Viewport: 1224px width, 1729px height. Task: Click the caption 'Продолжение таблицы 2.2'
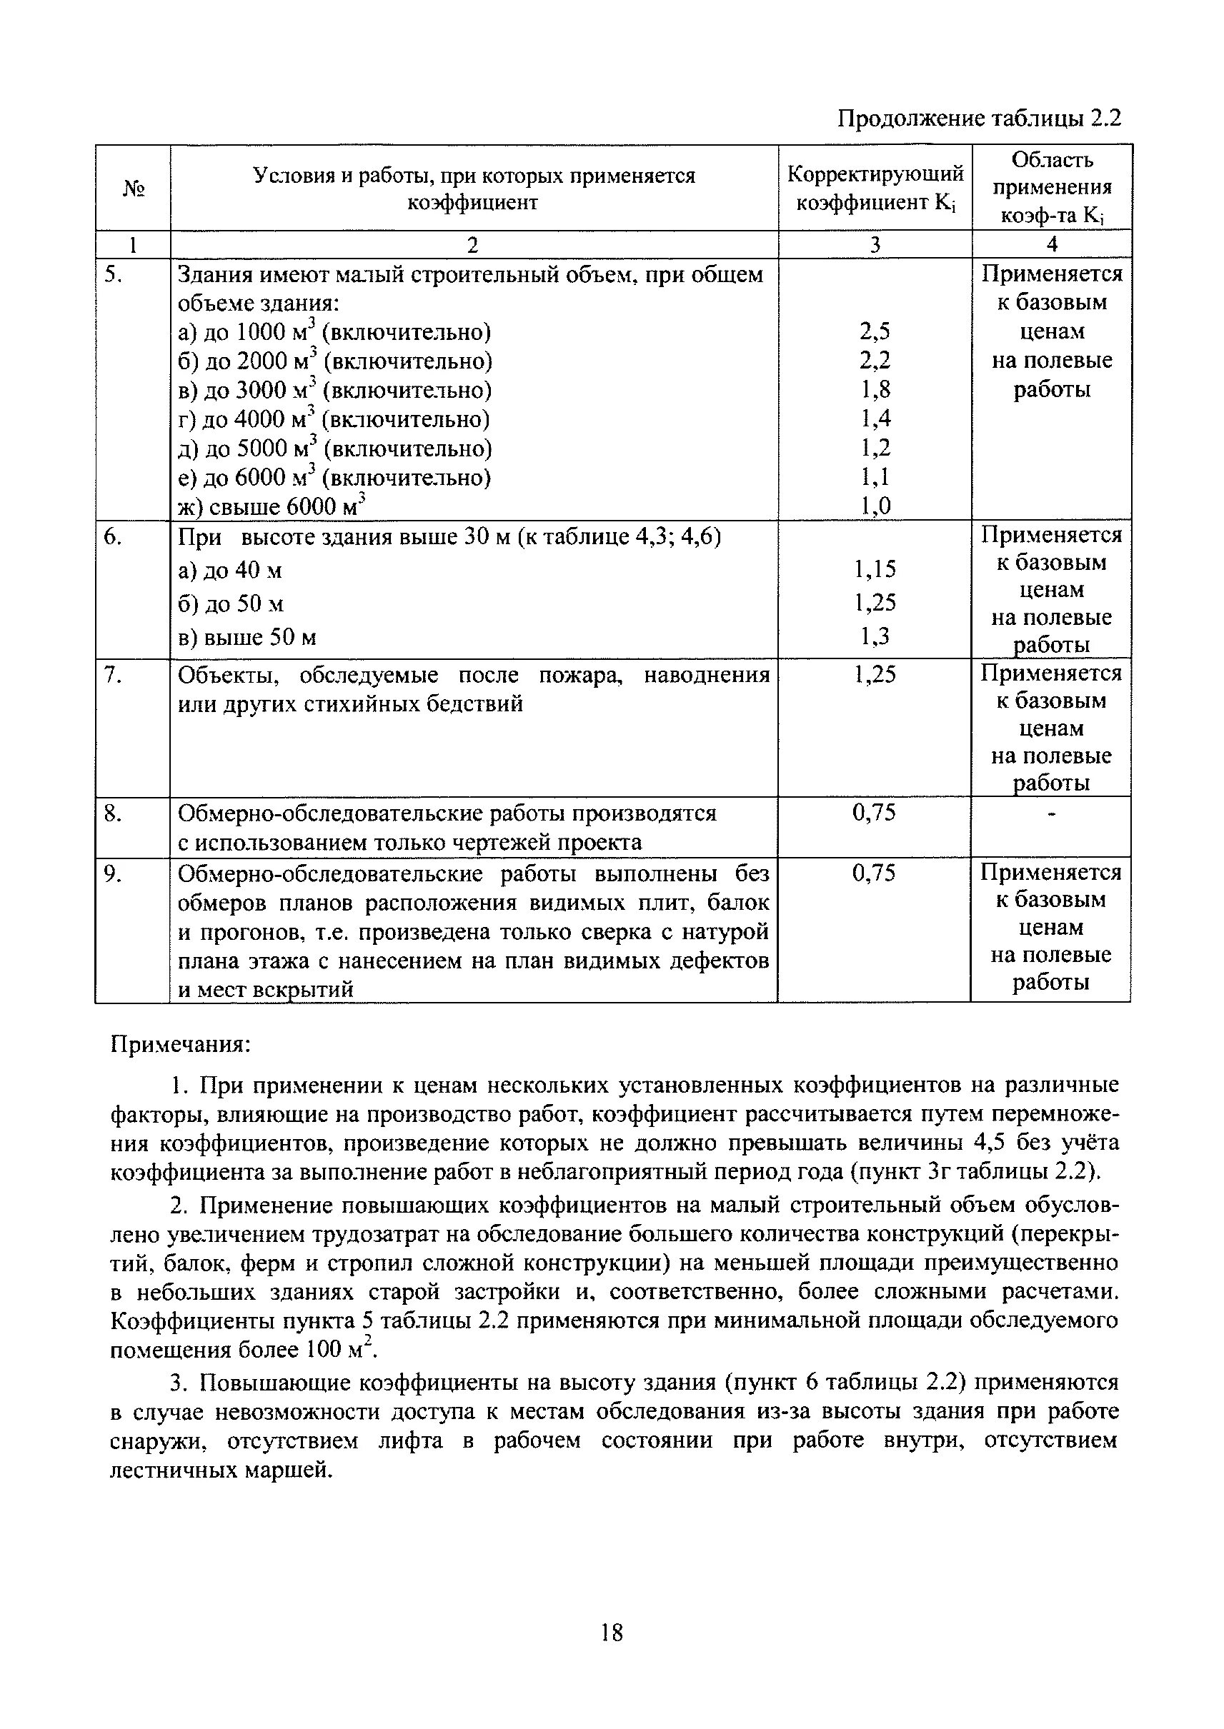point(979,119)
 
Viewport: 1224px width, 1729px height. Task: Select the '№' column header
point(133,189)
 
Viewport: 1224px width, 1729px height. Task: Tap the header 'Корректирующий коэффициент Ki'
point(875,189)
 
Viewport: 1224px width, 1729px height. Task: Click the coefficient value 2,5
point(875,331)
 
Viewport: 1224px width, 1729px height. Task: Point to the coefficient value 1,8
point(875,389)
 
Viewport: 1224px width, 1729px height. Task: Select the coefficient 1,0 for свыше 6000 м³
point(875,506)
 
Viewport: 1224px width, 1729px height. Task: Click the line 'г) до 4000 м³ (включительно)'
point(333,419)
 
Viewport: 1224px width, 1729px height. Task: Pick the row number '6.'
point(112,536)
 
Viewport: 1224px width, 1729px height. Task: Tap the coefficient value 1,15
point(875,568)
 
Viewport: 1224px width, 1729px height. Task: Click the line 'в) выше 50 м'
point(247,637)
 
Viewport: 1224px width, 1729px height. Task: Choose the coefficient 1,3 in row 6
point(875,636)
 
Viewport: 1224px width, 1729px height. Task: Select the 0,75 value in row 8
point(874,812)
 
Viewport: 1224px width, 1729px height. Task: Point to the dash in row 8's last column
point(1053,813)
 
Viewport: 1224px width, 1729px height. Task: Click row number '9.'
point(112,873)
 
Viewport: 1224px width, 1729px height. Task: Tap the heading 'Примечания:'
point(180,1045)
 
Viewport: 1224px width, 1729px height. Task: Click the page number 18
point(612,1633)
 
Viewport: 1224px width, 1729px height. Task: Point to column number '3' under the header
point(875,244)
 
